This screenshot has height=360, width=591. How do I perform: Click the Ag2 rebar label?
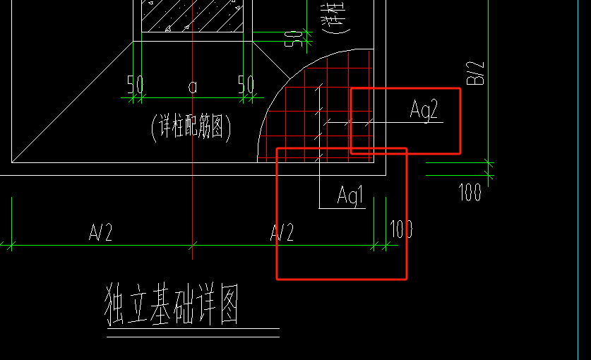424,110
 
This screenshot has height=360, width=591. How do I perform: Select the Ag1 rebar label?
350,196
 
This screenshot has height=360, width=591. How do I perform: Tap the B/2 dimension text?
478,73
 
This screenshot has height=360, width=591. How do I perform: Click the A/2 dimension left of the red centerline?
100,233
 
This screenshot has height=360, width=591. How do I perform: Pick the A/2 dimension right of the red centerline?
282,233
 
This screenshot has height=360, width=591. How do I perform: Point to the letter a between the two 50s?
192,86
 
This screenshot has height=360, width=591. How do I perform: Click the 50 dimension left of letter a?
136,85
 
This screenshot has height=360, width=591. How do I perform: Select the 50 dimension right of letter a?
246,85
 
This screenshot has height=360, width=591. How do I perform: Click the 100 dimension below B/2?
470,192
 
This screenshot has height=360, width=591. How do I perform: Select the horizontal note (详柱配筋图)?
191,128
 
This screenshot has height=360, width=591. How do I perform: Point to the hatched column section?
191,14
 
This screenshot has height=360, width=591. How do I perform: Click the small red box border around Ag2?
460,120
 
